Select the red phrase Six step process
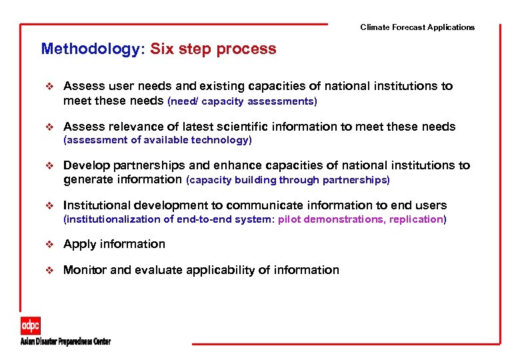(213, 49)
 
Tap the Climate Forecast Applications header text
(417, 27)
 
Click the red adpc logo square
(30, 326)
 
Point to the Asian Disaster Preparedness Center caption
(65, 341)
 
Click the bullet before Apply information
(48, 244)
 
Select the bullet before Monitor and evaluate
(48, 270)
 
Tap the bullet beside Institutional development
(48, 205)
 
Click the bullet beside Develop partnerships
(48, 165)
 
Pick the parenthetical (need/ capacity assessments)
(242, 101)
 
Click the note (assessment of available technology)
(157, 140)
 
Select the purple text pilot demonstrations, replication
(361, 219)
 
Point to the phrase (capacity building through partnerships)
(288, 180)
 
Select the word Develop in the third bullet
(86, 165)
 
